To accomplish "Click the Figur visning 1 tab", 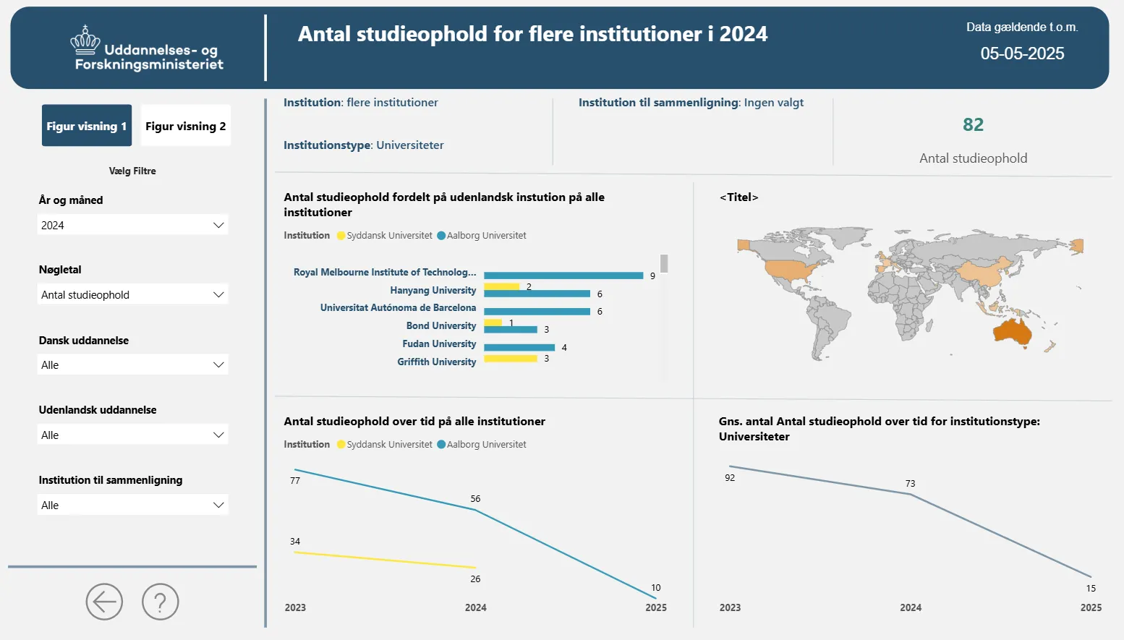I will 87,126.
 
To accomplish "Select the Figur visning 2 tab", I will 185,126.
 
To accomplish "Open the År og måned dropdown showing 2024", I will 132,225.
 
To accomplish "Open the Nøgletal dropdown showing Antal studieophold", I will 132,294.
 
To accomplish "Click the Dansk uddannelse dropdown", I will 132,364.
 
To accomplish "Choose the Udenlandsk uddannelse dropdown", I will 132,435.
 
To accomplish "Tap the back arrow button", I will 104,602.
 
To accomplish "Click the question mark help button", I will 160,602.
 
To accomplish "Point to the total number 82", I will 973,125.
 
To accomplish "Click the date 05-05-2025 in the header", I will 1022,54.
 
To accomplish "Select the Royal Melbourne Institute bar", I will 563,276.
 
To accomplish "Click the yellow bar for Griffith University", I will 511,359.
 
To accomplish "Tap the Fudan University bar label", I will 439,344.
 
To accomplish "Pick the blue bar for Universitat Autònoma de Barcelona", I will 537,311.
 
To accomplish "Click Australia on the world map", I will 1013,331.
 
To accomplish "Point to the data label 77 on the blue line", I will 295,481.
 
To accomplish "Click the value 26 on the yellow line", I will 475,579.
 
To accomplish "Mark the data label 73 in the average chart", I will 910,483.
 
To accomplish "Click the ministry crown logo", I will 85,40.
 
